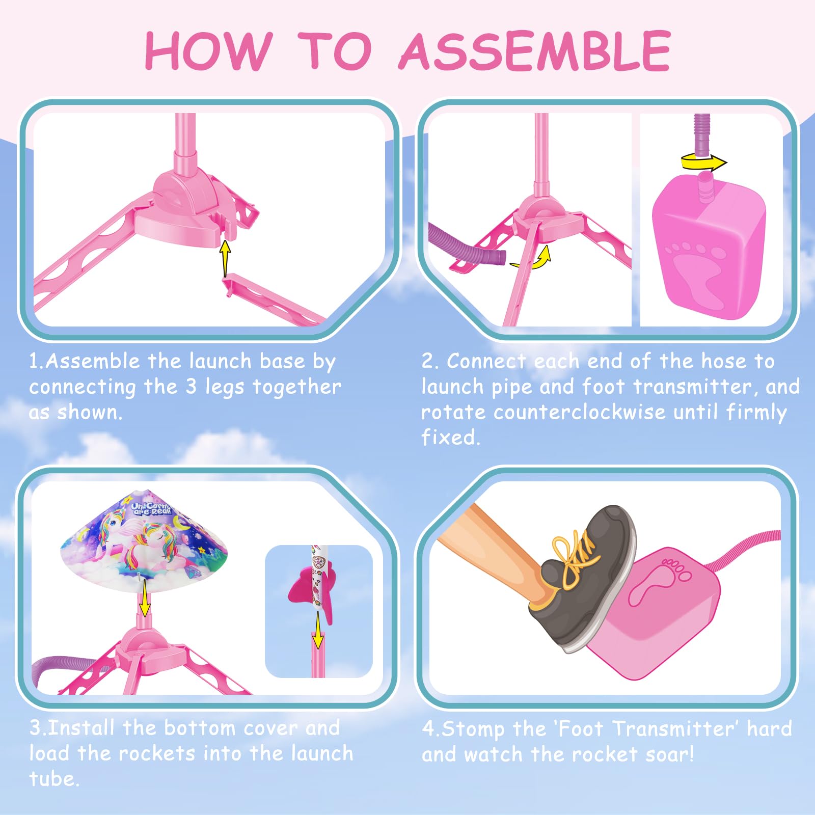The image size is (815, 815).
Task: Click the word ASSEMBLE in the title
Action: [x=535, y=50]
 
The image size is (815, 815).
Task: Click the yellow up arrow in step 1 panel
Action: [x=225, y=259]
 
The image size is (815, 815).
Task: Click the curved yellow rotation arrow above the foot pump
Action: [x=704, y=162]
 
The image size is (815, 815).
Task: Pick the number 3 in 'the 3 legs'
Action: [x=191, y=387]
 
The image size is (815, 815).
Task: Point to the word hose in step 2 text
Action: [x=723, y=361]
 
